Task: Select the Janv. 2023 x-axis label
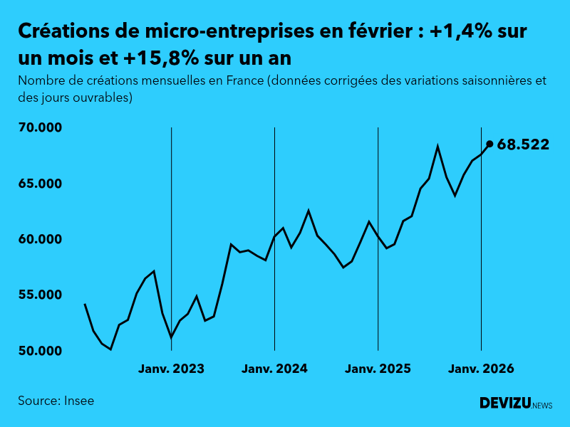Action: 171,369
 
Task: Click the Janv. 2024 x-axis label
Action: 274,369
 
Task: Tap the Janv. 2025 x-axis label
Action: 378,369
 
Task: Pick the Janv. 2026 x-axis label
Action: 481,369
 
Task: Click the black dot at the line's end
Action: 489,144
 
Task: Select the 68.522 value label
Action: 523,144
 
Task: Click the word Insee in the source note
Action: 78,401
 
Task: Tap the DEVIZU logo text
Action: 504,404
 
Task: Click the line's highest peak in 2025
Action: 437,146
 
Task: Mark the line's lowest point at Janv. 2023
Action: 171,337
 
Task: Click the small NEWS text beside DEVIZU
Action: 542,406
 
